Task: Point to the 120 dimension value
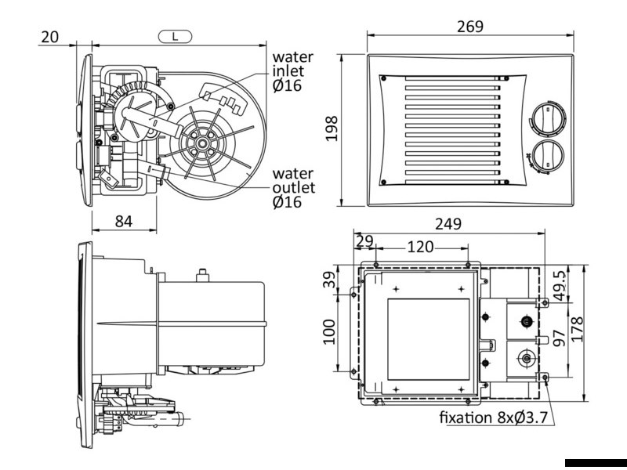(420, 247)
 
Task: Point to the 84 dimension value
(123, 221)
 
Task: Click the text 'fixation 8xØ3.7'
(495, 416)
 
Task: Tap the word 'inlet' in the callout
(288, 70)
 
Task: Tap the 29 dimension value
(364, 241)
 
